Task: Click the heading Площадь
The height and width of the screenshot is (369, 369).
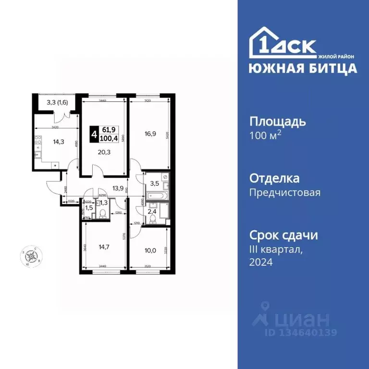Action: coord(277,121)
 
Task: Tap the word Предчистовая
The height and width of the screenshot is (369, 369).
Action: coord(285,193)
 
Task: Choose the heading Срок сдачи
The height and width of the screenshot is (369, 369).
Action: coord(283,235)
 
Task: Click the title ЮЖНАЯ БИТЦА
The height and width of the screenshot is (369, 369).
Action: coord(303,68)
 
